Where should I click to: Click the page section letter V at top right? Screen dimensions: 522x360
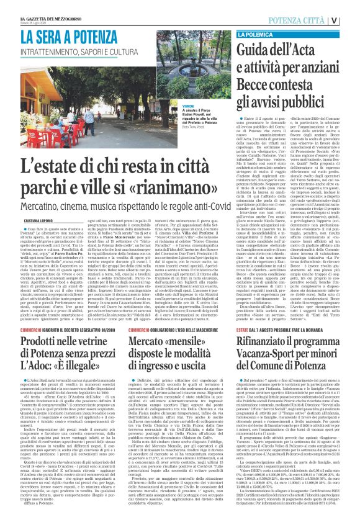pos(351,20)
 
